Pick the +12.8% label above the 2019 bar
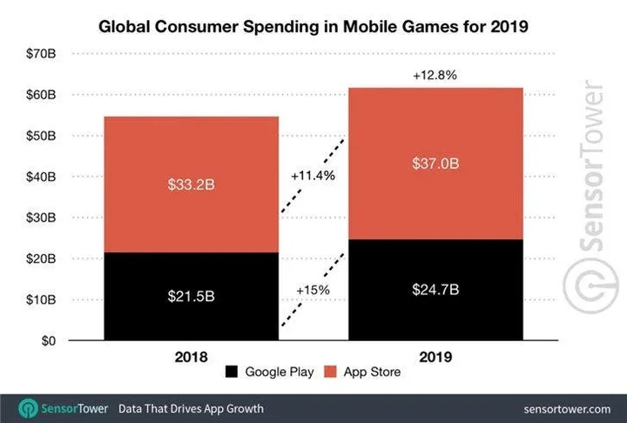tap(434, 76)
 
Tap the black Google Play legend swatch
tap(232, 373)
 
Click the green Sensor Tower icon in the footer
tap(29, 407)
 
